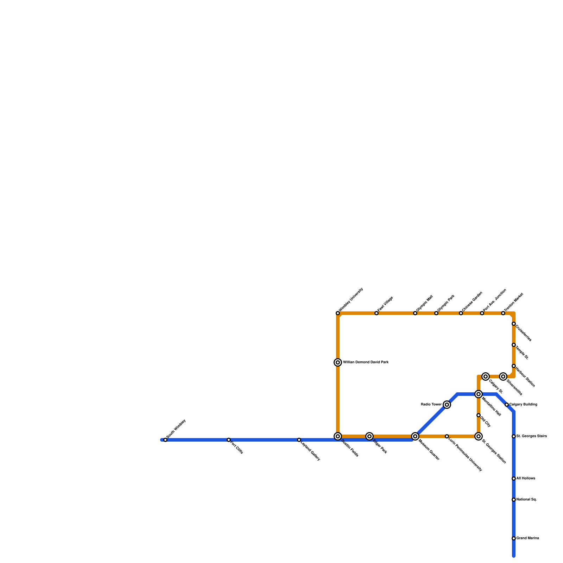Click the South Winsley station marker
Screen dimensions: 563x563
tap(165, 440)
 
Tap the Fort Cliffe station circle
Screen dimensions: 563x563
tap(229, 440)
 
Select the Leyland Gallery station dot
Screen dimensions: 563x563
tap(299, 440)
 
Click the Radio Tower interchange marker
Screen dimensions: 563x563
tap(447, 405)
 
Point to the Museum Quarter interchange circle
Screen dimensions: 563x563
tap(415, 436)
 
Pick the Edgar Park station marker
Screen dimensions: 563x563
tap(369, 436)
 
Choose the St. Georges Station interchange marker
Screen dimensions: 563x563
tap(479, 436)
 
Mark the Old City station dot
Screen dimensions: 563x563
tap(479, 415)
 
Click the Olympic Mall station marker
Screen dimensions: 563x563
tap(415, 313)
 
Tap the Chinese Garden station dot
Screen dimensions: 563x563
tap(461, 313)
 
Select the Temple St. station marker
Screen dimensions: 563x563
tap(514, 345)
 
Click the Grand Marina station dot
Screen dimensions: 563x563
tap(514, 538)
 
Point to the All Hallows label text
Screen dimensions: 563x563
tap(526, 479)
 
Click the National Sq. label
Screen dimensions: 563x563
tap(526, 500)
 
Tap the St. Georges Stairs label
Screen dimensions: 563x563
tap(531, 436)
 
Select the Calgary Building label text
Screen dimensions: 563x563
tap(523, 405)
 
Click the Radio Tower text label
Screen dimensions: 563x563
tap(431, 405)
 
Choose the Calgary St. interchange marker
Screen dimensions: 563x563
tap(486, 377)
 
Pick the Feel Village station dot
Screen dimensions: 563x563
tap(377, 313)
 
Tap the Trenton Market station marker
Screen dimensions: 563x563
tap(503, 313)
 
